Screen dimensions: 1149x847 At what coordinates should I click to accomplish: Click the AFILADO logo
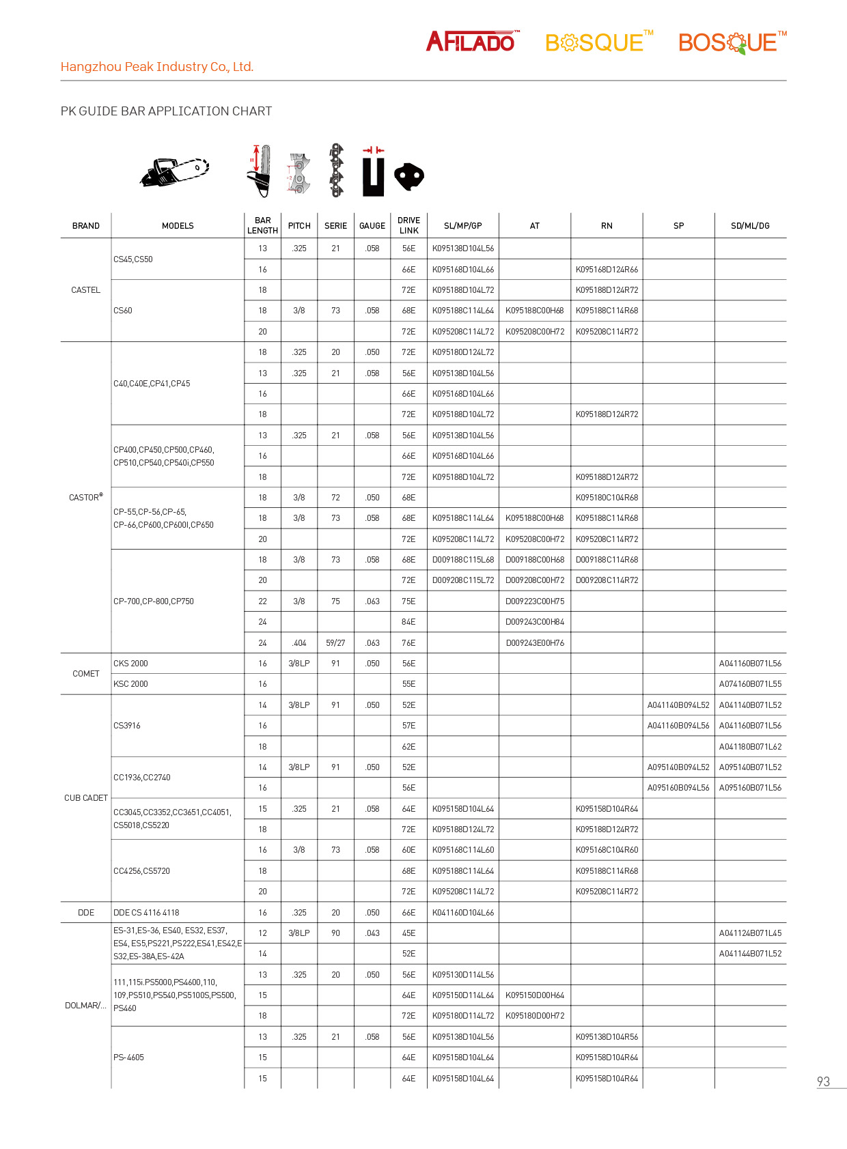click(472, 42)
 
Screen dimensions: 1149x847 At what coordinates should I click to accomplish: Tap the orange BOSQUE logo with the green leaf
click(731, 42)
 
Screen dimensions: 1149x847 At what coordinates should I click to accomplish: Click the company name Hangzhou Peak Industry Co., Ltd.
click(157, 67)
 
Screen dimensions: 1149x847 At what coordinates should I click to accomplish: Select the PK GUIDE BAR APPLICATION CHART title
click(166, 111)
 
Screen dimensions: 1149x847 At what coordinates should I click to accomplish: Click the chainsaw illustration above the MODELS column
click(175, 171)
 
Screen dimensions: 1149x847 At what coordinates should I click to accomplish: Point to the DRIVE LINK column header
click(408, 225)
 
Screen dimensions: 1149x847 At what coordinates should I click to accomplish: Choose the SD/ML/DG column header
click(750, 226)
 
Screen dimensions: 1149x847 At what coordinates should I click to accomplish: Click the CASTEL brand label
click(85, 290)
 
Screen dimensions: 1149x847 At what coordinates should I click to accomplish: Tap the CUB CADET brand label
click(86, 798)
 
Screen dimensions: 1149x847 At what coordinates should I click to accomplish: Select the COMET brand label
click(86, 674)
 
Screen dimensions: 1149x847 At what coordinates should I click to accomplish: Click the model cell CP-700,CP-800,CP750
click(154, 601)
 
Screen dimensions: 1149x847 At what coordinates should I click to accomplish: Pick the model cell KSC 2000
click(130, 684)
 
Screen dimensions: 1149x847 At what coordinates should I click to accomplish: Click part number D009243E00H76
click(535, 643)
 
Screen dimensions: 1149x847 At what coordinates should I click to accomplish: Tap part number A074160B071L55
click(750, 684)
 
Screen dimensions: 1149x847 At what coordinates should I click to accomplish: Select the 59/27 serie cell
click(335, 643)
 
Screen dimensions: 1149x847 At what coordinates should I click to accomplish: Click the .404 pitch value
click(299, 643)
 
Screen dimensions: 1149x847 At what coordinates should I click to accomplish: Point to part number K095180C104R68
click(607, 498)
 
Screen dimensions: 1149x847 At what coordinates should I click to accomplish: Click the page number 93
click(823, 1082)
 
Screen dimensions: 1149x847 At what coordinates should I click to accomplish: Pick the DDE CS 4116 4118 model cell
click(146, 913)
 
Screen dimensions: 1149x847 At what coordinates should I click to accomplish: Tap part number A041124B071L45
click(750, 933)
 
